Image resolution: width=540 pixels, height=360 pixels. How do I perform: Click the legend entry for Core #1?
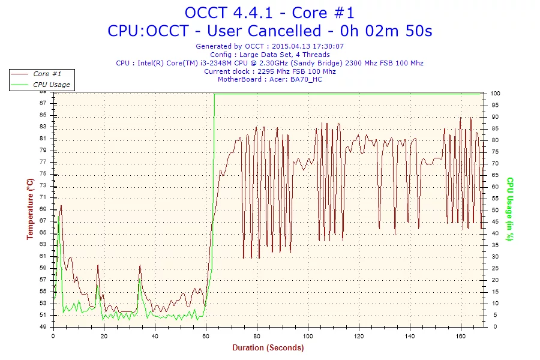click(x=47, y=74)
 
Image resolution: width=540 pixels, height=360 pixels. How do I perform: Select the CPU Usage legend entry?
click(x=51, y=85)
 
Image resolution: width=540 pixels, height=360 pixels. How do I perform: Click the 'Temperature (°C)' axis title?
click(x=30, y=209)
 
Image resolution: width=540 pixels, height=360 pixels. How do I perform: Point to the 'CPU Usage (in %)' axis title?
click(x=510, y=209)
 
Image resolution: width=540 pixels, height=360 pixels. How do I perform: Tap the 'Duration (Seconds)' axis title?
click(x=268, y=347)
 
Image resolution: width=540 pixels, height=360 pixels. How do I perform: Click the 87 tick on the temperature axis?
click(x=43, y=103)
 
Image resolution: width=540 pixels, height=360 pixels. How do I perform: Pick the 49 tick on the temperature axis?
click(x=43, y=327)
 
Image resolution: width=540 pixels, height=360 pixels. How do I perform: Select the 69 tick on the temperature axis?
click(x=43, y=209)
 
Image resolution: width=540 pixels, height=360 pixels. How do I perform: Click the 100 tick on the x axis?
click(x=308, y=335)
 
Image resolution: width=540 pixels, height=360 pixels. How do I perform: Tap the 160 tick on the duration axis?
click(x=461, y=335)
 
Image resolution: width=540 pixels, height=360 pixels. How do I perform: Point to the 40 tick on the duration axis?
click(x=155, y=335)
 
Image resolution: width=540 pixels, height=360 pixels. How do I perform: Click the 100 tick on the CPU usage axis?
click(x=496, y=94)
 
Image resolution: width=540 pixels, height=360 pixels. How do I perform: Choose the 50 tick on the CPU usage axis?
click(x=494, y=210)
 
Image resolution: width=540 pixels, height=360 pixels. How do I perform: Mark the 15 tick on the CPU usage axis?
click(x=494, y=292)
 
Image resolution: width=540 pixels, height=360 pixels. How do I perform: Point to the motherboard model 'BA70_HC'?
click(x=307, y=80)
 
